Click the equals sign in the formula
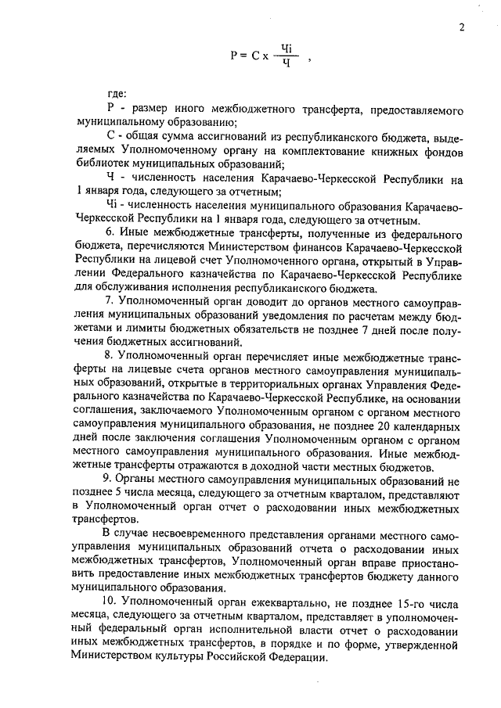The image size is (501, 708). pyautogui.click(x=247, y=55)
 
